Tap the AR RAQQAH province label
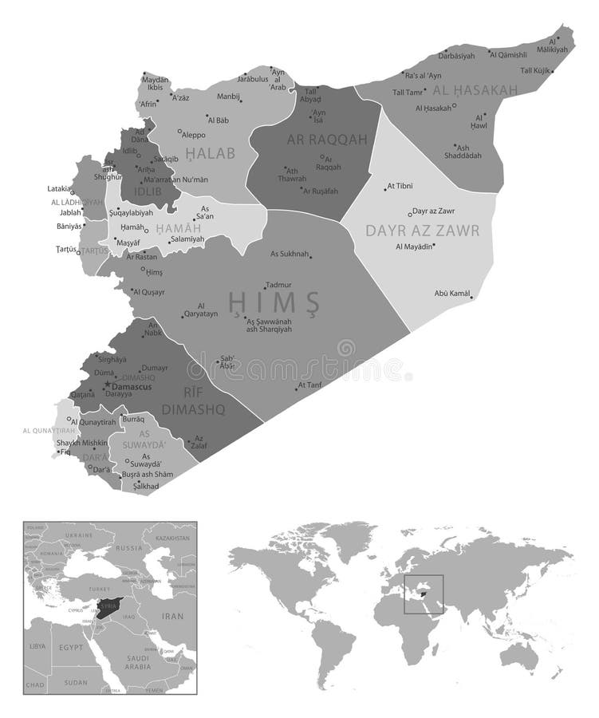pyautogui.click(x=327, y=140)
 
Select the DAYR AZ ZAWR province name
pyautogui.click(x=422, y=231)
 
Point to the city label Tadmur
pyautogui.click(x=278, y=285)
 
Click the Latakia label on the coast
pyautogui.click(x=59, y=189)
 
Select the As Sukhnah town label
pyautogui.click(x=290, y=254)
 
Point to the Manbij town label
pyautogui.click(x=228, y=97)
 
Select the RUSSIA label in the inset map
pyautogui.click(x=129, y=549)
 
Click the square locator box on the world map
pyautogui.click(x=424, y=594)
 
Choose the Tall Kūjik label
pyautogui.click(x=536, y=71)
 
